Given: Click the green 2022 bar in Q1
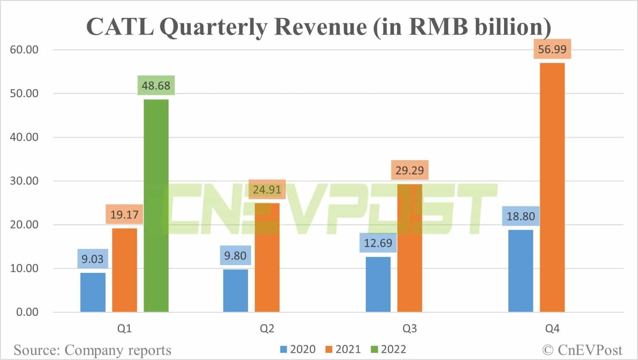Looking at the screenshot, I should [x=156, y=206].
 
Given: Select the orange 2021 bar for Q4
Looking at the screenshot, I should [x=552, y=187].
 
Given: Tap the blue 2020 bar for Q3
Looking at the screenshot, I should [x=378, y=284].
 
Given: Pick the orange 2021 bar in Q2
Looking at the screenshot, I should [x=267, y=257].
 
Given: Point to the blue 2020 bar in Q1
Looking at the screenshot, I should [x=93, y=292].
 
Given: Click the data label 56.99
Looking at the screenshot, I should [x=552, y=49].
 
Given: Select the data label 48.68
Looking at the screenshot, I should [x=156, y=86].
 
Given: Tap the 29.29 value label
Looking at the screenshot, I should [x=410, y=171].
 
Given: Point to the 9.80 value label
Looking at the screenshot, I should [x=235, y=256].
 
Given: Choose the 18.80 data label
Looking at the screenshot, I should [x=521, y=216].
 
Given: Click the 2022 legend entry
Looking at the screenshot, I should [x=389, y=349].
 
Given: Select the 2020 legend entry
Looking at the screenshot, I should [x=298, y=349].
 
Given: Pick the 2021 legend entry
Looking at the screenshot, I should [x=343, y=349].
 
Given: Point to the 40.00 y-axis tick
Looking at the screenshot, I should [x=24, y=137].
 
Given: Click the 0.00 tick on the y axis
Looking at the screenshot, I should [x=27, y=312].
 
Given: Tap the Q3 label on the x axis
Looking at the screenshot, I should [x=410, y=329].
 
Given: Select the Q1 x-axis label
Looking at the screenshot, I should [x=124, y=329].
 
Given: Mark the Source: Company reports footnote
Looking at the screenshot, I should [x=92, y=350].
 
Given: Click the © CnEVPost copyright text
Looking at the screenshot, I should [x=582, y=350].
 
